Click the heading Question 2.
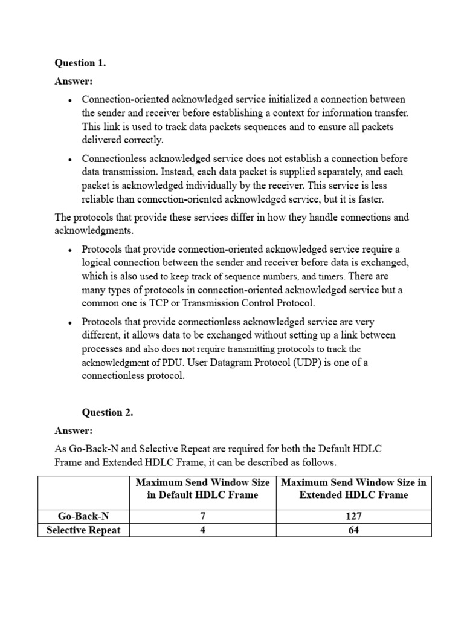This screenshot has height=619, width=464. [107, 412]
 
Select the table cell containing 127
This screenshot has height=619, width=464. [353, 516]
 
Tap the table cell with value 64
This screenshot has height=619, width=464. [353, 530]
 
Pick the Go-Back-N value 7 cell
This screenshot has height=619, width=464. [202, 516]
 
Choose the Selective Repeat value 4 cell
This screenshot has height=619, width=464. [202, 530]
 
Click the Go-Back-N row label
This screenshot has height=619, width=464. [83, 516]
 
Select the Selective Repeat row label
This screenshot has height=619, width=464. [83, 530]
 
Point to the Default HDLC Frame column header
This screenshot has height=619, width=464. [202, 489]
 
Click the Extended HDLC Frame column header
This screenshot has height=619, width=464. [353, 489]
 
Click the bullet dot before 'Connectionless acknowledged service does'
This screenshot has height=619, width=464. [70, 160]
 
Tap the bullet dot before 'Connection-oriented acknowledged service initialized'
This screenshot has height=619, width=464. [70, 100]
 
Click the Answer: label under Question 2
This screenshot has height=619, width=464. [74, 430]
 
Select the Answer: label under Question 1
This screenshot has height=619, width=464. [74, 81]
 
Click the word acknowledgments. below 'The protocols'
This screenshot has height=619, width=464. [92, 231]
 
